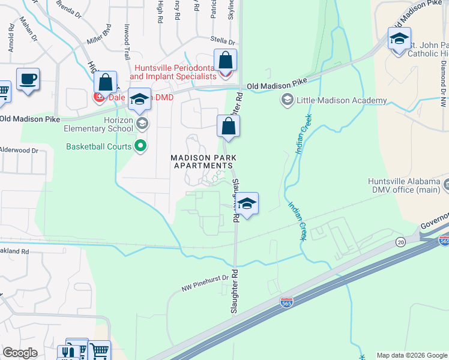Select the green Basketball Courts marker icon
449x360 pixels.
tap(142, 146)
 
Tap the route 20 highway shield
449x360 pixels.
tap(400, 241)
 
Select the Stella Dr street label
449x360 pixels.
tap(223, 42)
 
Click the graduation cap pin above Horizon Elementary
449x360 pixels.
tap(139, 100)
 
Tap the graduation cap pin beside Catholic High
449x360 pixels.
tap(399, 40)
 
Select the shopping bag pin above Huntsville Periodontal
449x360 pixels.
tap(225, 61)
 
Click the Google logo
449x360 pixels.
tap(20, 353)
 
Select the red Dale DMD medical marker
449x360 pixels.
tap(98, 97)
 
